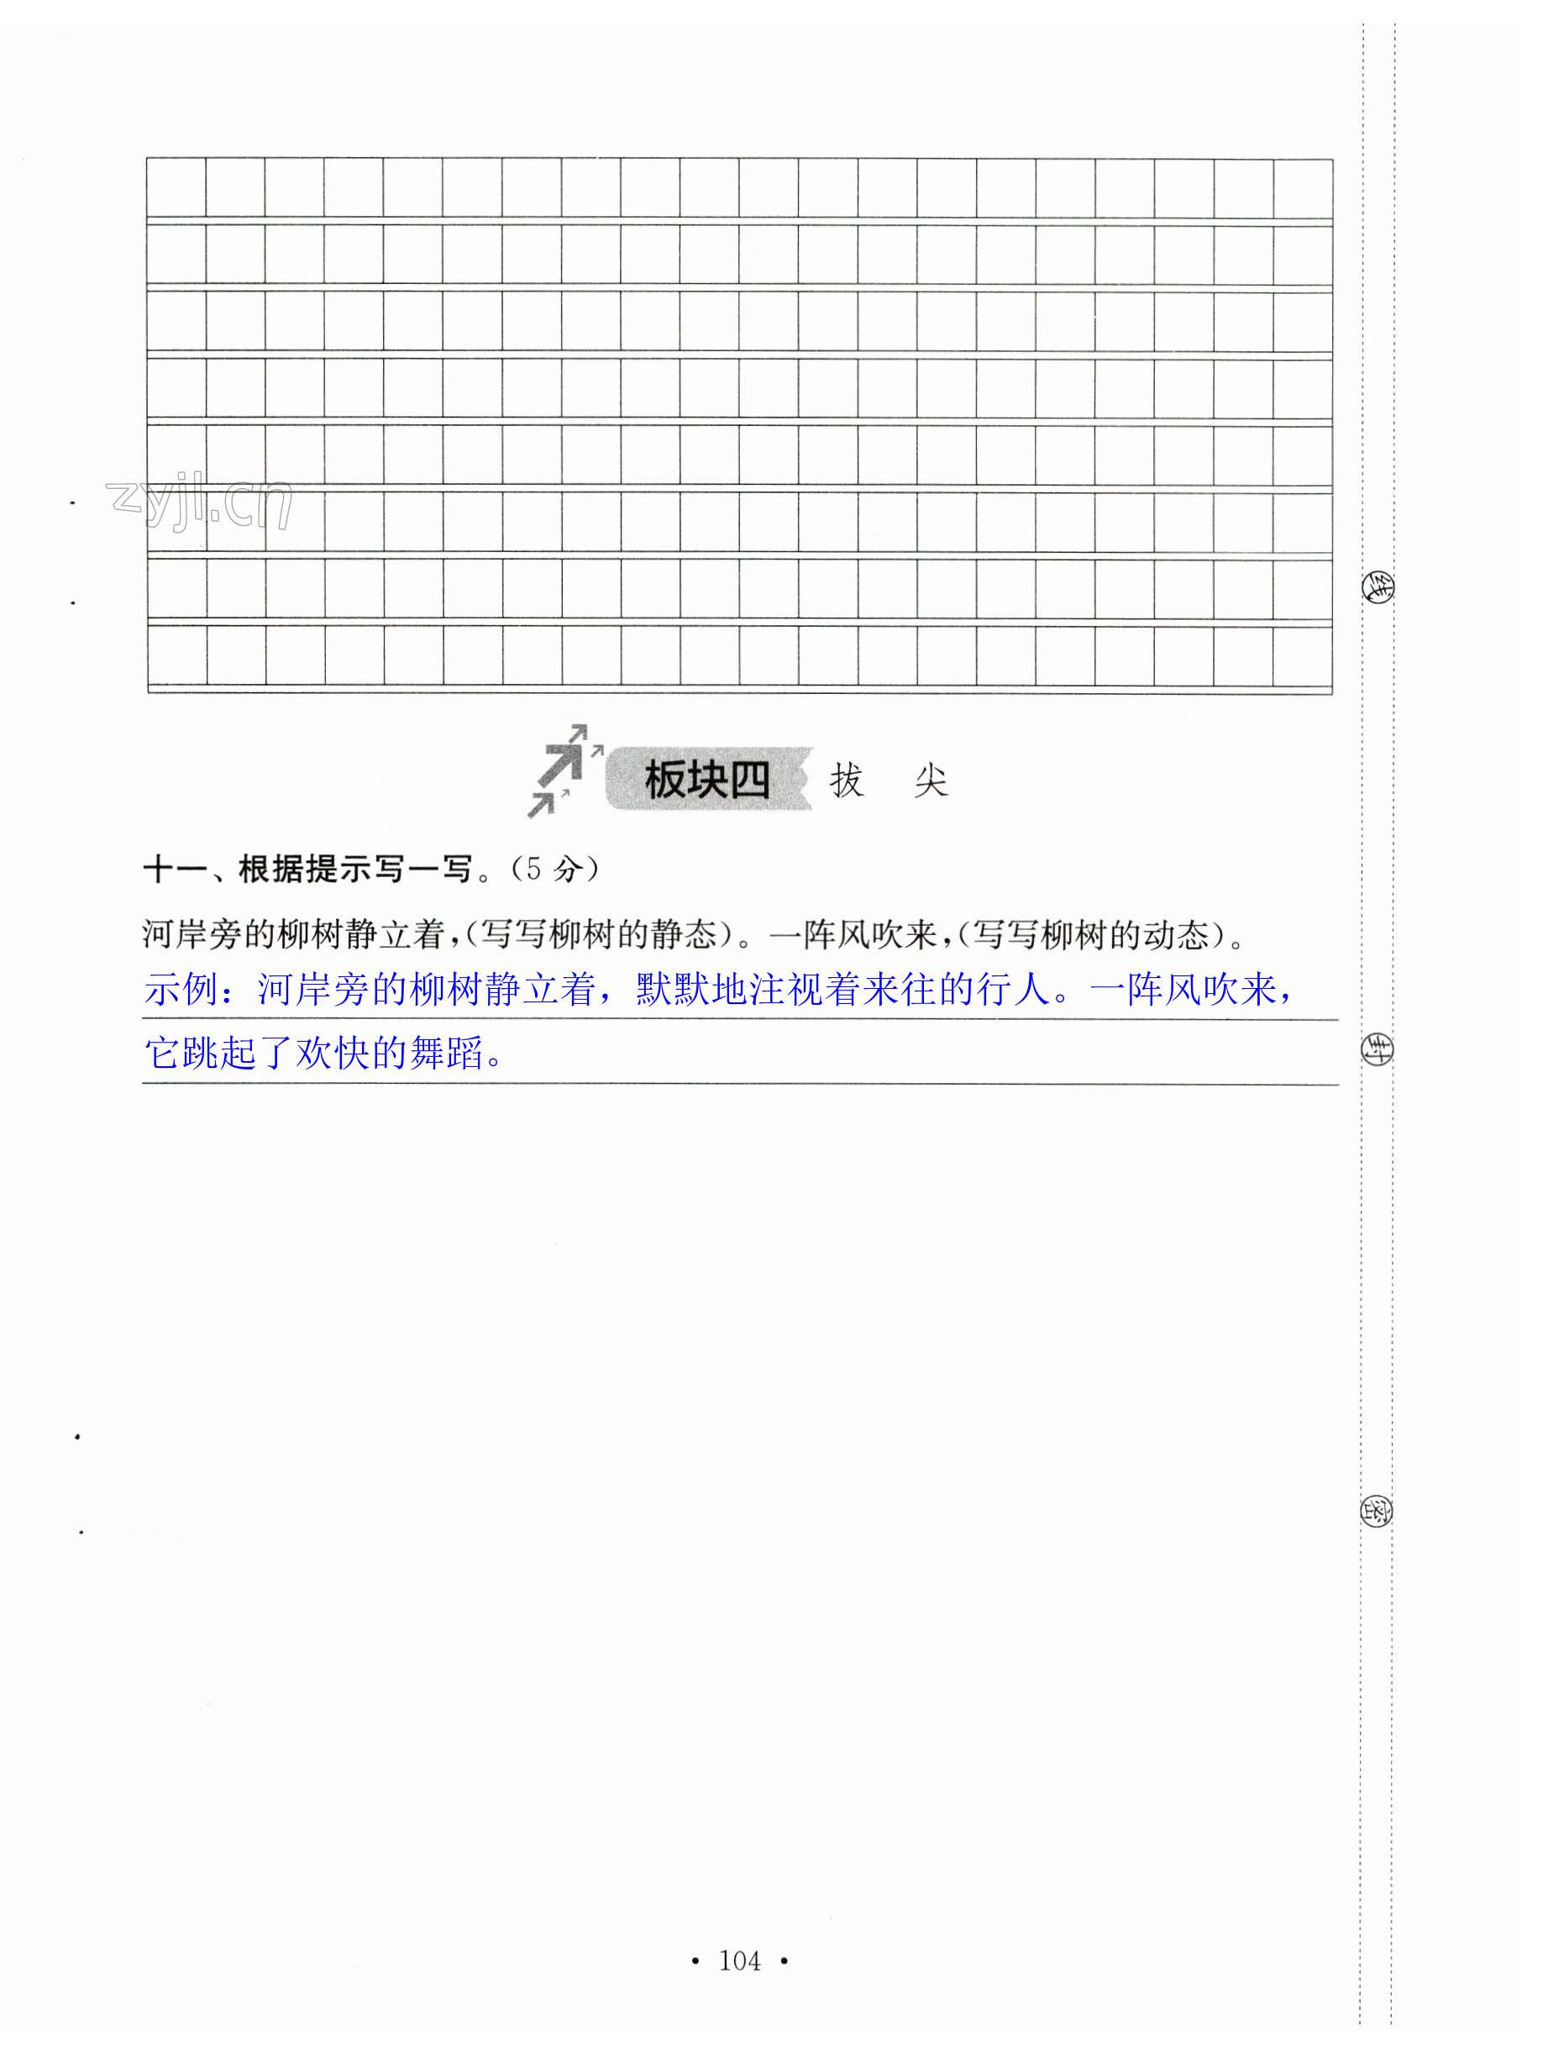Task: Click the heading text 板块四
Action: click(x=706, y=781)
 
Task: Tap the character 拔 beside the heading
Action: click(x=846, y=781)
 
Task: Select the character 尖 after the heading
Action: click(x=930, y=781)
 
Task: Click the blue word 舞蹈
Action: click(x=448, y=1054)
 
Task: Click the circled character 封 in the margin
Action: click(x=1376, y=1050)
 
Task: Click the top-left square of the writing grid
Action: click(x=176, y=188)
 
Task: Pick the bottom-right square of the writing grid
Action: click(x=1302, y=655)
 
